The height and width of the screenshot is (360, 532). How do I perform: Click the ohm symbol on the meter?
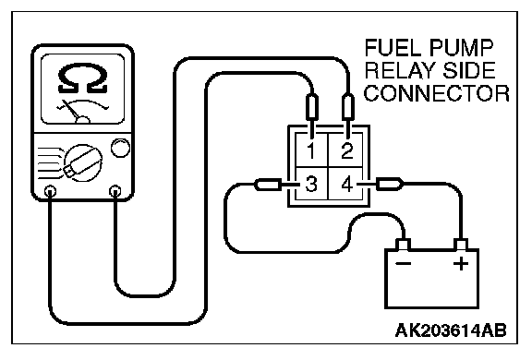coord(83,79)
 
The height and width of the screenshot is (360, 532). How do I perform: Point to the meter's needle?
coord(72,110)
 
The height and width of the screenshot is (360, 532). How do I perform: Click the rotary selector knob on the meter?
coord(83,162)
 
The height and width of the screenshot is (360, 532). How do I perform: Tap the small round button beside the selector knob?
coord(120,148)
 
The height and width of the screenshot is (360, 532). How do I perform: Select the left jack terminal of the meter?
coord(50,191)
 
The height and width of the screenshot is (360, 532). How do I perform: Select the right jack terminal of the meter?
coord(115,191)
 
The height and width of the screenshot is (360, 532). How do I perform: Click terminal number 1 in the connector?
coord(311,150)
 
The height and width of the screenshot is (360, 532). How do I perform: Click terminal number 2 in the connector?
coord(346,150)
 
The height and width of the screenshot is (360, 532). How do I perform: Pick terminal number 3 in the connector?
coord(311,184)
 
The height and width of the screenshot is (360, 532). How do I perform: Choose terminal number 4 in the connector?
coord(346,184)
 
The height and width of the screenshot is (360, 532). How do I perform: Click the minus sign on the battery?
coord(403,263)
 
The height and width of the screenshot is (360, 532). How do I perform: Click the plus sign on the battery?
coord(461,263)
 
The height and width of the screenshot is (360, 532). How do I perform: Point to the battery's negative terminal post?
coord(403,245)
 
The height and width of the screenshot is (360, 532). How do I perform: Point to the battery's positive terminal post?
coord(461,245)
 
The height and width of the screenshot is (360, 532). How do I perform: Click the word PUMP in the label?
coord(460,48)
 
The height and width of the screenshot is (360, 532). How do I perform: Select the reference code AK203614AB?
coord(451,330)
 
